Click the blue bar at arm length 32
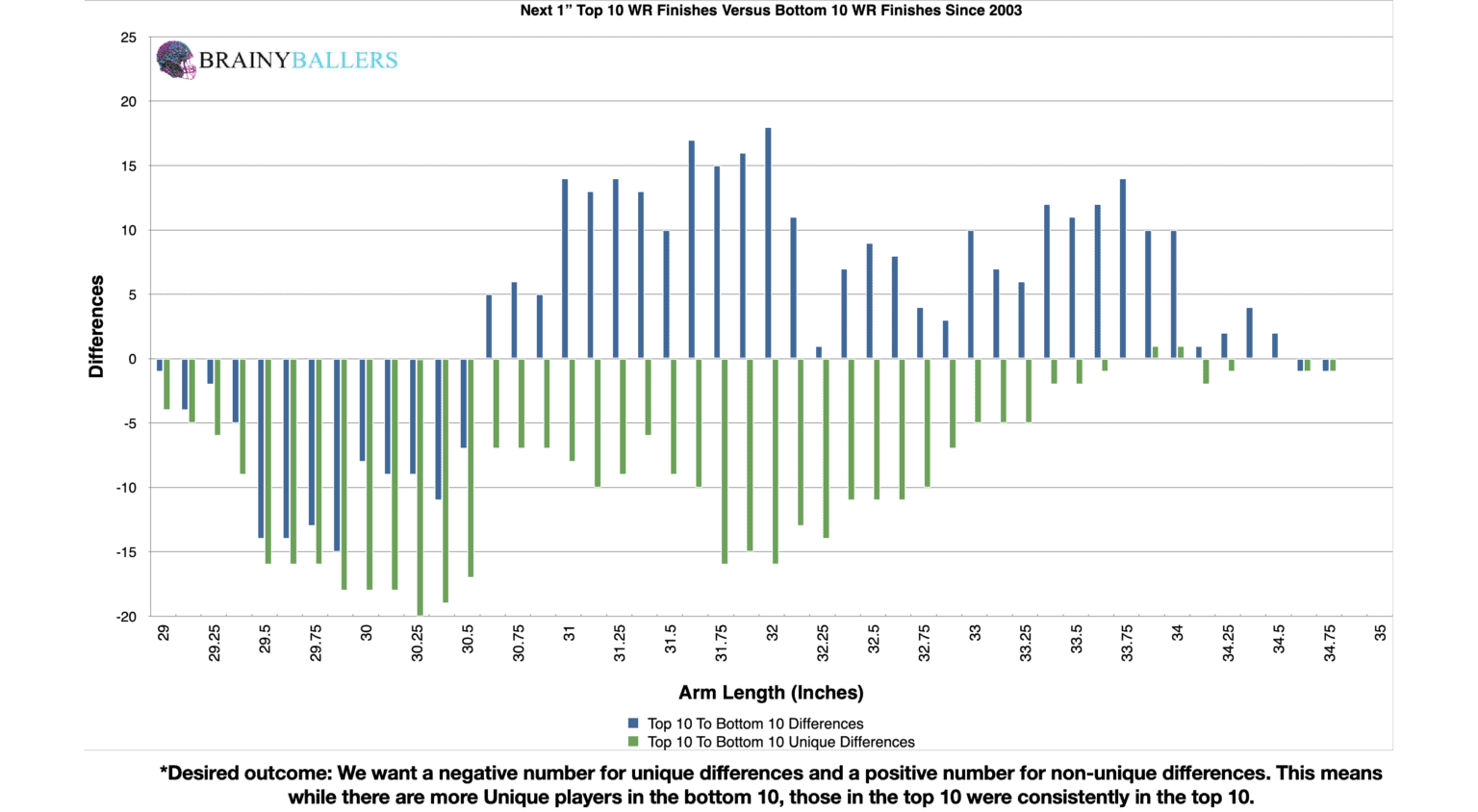point(768,243)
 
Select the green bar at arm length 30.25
point(420,488)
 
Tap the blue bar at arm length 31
point(565,269)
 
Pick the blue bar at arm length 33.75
point(1123,269)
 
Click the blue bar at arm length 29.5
point(261,448)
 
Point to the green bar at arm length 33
point(978,391)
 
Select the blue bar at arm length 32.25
point(819,353)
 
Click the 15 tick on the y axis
point(129,166)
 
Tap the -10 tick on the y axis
point(126,488)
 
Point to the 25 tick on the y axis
point(129,38)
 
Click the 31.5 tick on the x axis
point(671,639)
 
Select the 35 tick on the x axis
point(1381,633)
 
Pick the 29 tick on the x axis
point(164,633)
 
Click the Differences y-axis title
point(96,326)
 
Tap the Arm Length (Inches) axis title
point(771,693)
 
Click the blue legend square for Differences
point(633,723)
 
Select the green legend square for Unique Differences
point(633,742)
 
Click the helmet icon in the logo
point(176,60)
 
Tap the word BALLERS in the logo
point(344,60)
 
